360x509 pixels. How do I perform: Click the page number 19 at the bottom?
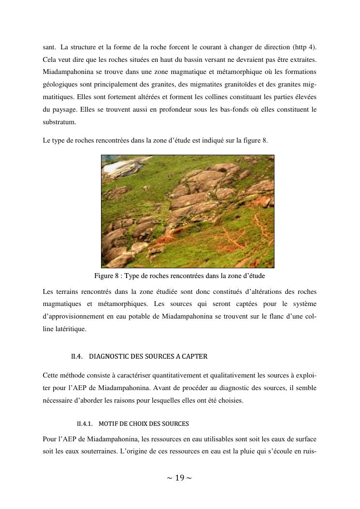179,478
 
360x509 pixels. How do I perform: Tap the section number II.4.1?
85,424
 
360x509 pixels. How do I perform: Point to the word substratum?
58,122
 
